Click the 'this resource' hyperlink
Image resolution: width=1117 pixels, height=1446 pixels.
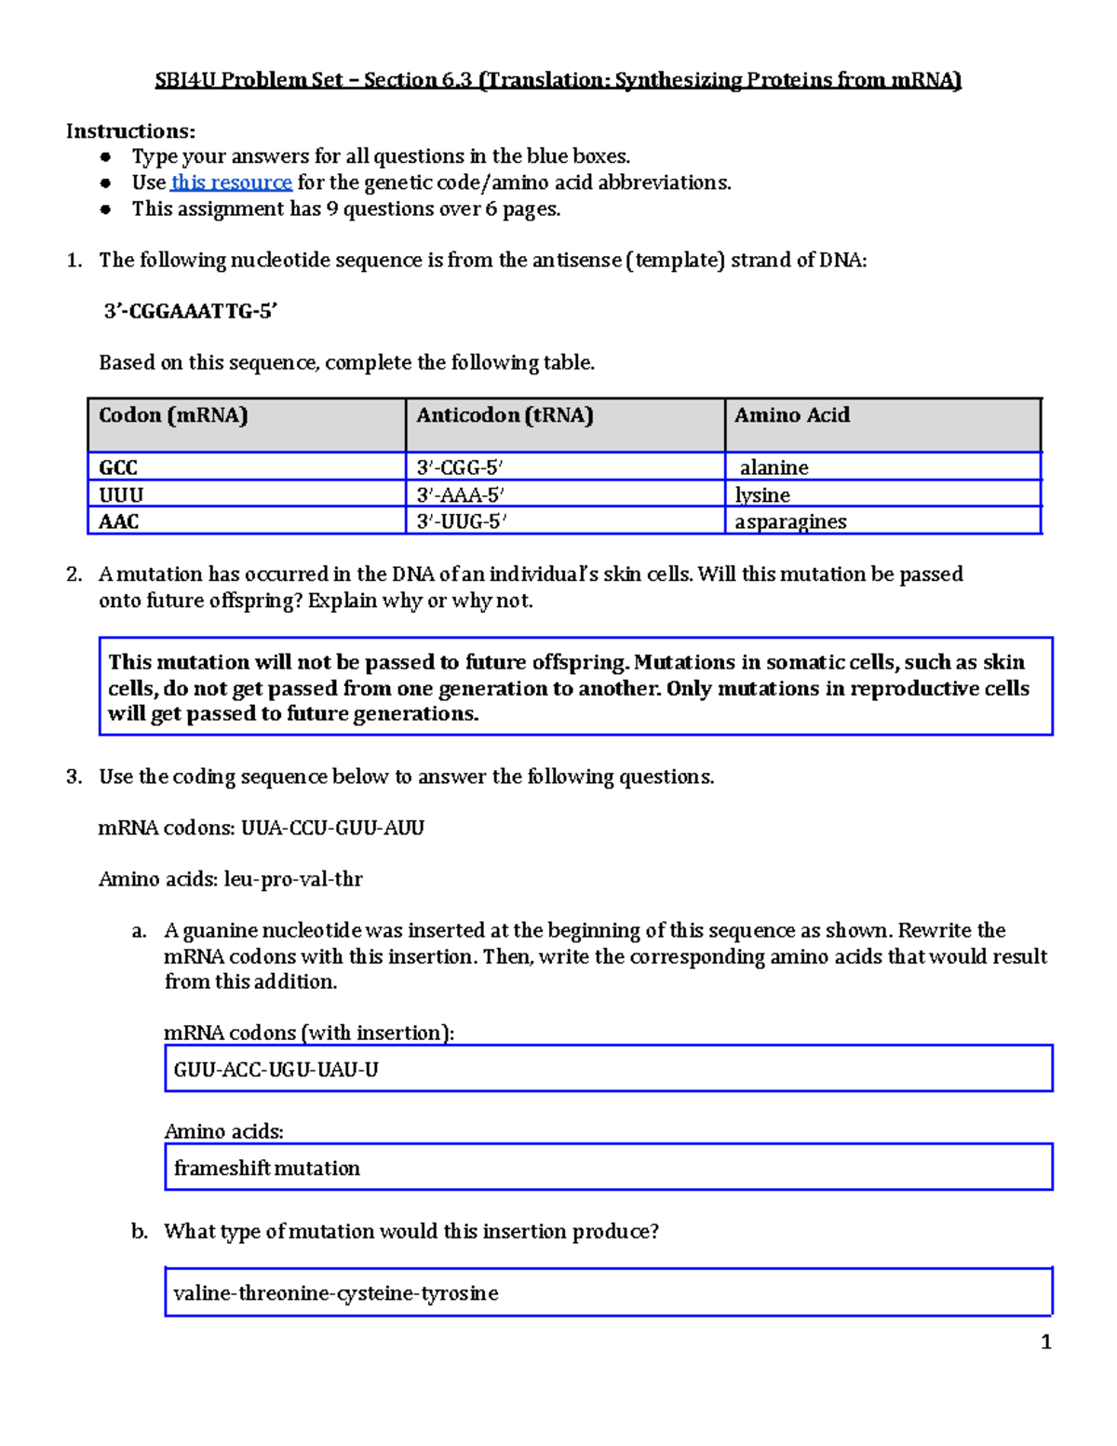pos(231,182)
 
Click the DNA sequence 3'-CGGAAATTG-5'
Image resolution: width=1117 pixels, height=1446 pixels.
pos(191,311)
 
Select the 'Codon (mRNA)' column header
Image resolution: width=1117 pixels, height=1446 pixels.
pos(173,415)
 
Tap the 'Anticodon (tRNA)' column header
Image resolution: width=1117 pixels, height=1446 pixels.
pos(505,415)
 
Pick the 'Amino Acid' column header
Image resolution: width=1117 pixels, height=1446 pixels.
pos(792,415)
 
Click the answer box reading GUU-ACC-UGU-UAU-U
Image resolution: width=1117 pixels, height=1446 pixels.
pos(608,1069)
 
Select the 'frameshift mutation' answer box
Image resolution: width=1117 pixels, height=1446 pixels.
pos(608,1168)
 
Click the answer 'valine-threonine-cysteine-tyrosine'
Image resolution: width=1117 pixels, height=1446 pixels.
pos(608,1292)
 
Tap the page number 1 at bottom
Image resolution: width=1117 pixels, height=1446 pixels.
pos(1046,1342)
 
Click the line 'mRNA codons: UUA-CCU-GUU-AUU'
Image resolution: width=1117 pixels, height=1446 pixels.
pos(262,828)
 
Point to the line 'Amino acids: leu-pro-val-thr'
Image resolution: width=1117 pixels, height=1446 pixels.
pos(231,879)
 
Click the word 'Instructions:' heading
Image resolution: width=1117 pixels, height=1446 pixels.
pos(130,131)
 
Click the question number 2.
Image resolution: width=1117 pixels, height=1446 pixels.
pos(74,574)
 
